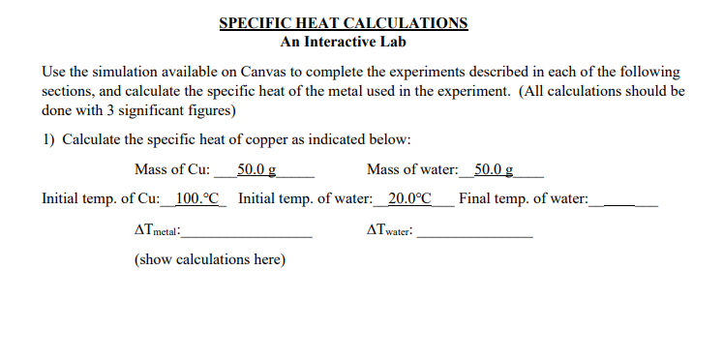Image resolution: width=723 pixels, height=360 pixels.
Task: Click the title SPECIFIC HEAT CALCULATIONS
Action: click(x=344, y=23)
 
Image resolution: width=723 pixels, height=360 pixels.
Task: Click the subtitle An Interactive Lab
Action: click(x=344, y=42)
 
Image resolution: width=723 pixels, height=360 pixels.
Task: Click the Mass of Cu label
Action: click(x=172, y=170)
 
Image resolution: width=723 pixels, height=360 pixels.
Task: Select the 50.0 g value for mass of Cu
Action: click(x=257, y=170)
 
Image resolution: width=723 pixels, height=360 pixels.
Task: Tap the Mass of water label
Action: click(x=412, y=170)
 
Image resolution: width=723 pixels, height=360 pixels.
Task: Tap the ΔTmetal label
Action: click(x=160, y=232)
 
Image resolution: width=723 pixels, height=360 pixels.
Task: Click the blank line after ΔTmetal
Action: click(x=251, y=234)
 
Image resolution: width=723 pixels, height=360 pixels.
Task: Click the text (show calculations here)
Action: click(x=209, y=260)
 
